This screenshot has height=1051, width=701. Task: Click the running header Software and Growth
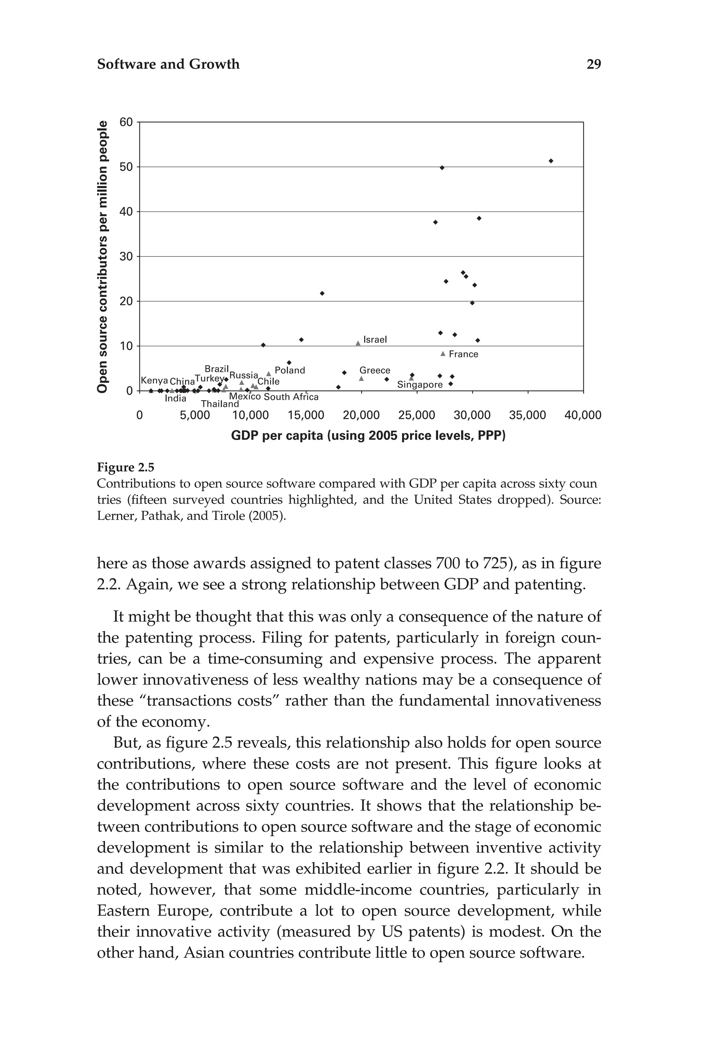168,64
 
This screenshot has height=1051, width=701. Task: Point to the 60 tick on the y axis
127,122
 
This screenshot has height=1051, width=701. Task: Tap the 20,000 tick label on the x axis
361,415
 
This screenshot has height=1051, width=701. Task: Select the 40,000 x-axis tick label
583,415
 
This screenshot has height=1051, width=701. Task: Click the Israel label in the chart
375,340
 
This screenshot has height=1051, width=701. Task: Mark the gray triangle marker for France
443,353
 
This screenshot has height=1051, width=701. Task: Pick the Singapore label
419,385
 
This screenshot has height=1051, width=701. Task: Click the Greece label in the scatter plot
375,371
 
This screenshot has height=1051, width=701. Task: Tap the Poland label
290,371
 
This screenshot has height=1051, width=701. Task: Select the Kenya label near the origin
154,381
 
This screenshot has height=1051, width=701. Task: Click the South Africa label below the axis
291,397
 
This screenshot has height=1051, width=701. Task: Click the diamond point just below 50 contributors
442,168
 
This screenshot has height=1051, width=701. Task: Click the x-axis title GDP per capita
368,435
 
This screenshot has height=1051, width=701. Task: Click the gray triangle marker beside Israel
358,343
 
